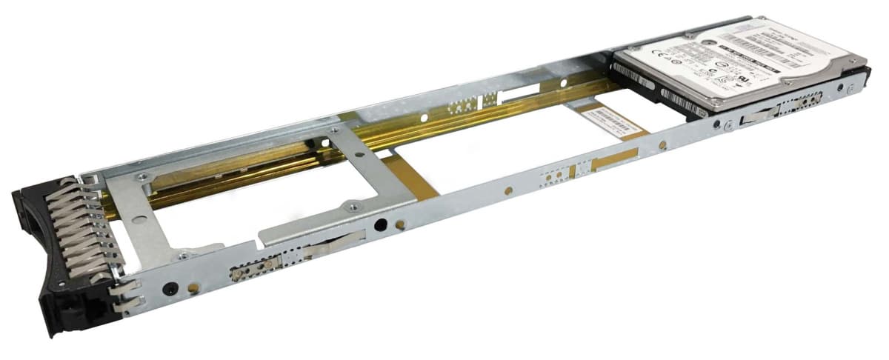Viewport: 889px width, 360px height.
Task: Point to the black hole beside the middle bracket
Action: (x=380, y=224)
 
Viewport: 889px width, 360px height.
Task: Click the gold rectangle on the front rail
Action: (x=614, y=159)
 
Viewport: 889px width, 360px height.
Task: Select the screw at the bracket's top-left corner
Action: (x=142, y=176)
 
